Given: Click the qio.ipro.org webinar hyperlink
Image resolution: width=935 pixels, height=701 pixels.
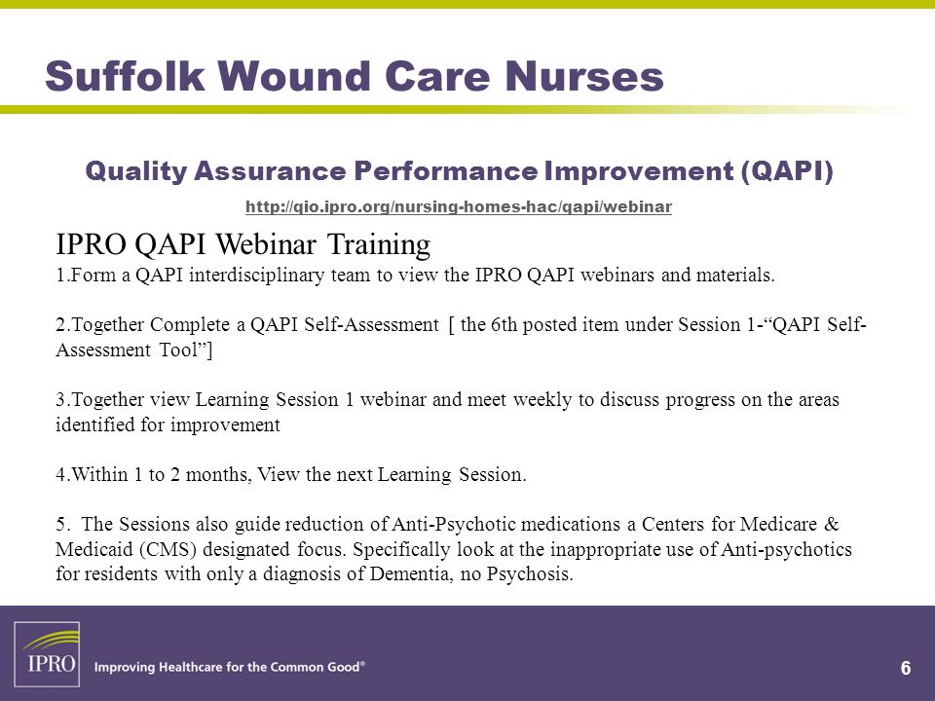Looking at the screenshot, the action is (459, 206).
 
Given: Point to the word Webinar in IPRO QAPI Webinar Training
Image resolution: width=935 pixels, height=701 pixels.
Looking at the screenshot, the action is (266, 243).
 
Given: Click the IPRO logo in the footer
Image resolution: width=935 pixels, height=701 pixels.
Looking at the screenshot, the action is (47, 654).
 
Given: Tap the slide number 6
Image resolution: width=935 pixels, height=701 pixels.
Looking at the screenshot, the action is (905, 668).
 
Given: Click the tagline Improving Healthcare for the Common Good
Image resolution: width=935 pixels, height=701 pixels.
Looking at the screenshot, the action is (230, 667).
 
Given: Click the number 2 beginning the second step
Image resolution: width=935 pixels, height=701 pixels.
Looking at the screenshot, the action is (60, 325).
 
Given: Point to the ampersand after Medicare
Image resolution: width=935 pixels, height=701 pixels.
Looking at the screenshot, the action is (831, 524).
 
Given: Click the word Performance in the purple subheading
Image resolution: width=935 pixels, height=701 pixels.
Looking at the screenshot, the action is (445, 171).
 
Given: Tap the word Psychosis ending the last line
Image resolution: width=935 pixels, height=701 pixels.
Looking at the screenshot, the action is (530, 574).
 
